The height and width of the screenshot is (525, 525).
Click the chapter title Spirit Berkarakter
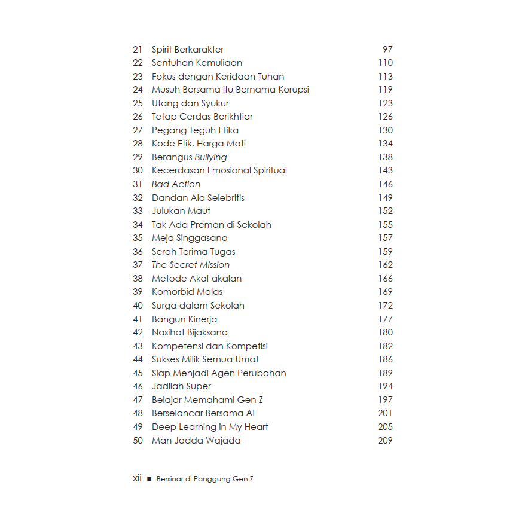(188, 50)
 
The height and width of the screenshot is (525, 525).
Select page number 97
(387, 50)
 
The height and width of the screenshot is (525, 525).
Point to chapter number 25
(138, 103)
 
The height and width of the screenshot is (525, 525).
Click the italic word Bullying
(210, 157)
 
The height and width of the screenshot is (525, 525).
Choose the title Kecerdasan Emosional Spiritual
(219, 170)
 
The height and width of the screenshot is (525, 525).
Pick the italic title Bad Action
(176, 184)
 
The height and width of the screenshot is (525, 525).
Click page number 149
(386, 198)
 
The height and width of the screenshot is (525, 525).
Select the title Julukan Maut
(181, 211)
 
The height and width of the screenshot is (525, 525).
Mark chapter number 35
(138, 238)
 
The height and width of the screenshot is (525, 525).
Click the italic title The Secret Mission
(191, 265)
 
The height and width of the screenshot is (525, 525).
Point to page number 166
(386, 279)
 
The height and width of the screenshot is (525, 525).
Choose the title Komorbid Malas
(187, 292)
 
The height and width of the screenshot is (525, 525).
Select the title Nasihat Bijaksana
(190, 332)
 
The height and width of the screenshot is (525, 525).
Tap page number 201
(386, 413)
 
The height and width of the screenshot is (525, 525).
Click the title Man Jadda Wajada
(196, 441)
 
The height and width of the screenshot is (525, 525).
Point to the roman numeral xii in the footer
(137, 478)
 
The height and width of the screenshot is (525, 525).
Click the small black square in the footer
(149, 479)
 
